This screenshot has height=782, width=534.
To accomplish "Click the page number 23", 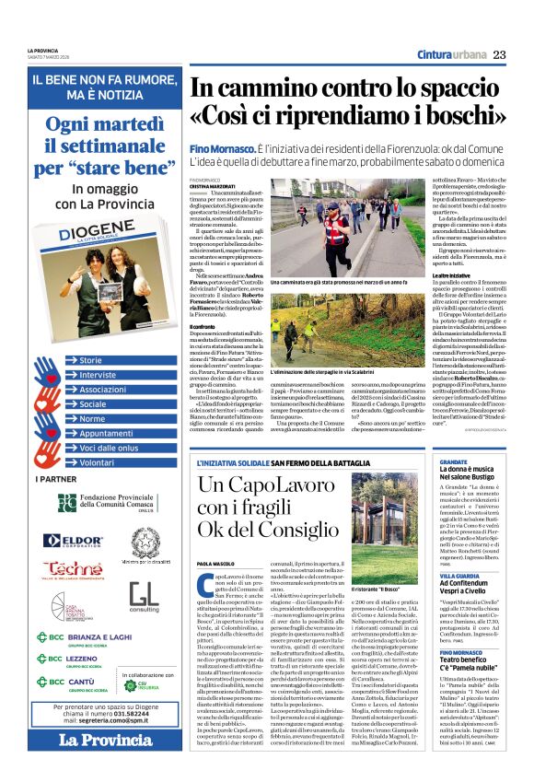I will pos(499,54).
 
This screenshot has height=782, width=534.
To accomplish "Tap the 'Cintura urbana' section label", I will pos(448,54).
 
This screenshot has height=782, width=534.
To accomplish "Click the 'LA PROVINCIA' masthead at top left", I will pos(41,51).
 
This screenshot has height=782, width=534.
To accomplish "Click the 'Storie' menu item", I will pos(92,360).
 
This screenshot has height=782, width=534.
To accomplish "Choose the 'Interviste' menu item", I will pos(99,375).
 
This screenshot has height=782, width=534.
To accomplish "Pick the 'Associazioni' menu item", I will pos(104,390).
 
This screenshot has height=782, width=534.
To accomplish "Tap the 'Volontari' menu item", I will pos(99,462).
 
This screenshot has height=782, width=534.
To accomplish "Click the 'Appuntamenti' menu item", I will pos(107,433).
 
